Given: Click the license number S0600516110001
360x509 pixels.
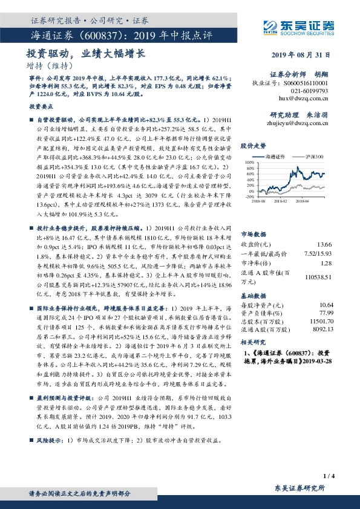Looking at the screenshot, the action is [307, 82].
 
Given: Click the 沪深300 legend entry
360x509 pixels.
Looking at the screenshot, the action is [314, 156].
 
